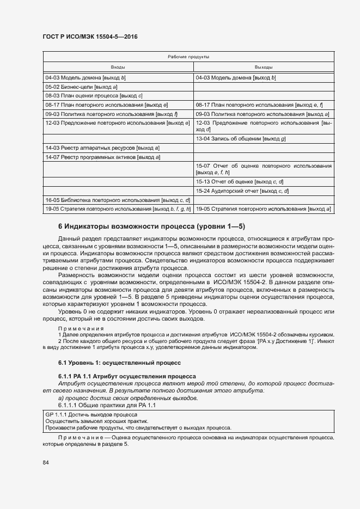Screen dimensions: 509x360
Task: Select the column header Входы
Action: tap(118, 67)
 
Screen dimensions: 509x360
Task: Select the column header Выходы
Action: tap(264, 67)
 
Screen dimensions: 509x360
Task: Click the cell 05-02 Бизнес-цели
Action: tap(82, 87)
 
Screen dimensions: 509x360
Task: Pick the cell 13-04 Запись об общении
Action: tap(241, 139)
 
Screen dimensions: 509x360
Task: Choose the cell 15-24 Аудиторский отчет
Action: tap(242, 191)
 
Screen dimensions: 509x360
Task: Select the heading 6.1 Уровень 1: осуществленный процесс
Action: tap(119, 363)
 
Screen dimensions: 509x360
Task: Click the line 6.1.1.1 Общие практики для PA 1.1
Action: tap(107, 405)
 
